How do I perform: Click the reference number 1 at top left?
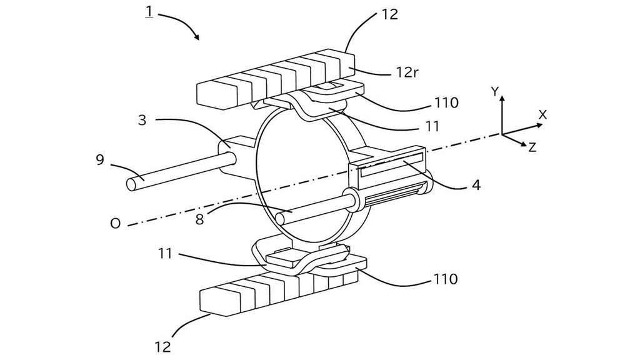[149, 12]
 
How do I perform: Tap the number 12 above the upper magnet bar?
[389, 14]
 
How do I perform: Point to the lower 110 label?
[445, 279]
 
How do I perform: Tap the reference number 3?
[142, 120]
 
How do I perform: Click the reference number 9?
[99, 159]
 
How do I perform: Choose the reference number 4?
[477, 186]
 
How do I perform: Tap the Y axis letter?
[494, 91]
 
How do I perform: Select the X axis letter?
[542, 115]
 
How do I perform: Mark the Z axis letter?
[532, 147]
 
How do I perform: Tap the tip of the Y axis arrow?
[502, 97]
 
